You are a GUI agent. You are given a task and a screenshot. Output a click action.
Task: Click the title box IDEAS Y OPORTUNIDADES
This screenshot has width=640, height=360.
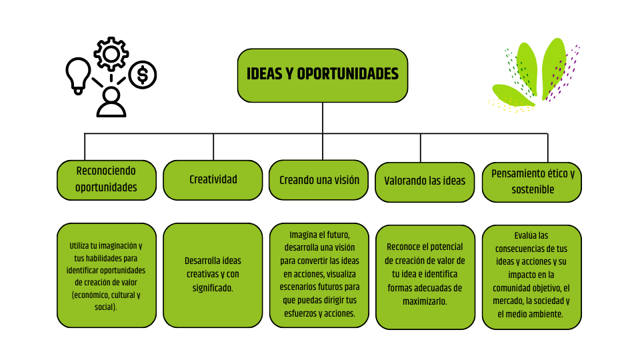tap(323, 75)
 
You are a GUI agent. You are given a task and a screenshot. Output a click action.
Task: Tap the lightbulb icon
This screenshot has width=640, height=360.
tap(78, 74)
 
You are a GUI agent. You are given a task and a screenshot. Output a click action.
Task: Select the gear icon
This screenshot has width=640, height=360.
tap(110, 53)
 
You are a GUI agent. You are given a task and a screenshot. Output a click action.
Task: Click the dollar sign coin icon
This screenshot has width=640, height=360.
tap(142, 75)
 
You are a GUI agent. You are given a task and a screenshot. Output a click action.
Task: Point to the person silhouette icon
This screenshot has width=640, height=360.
tap(110, 102)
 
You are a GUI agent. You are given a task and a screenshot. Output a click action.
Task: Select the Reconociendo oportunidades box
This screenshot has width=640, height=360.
tap(107, 179)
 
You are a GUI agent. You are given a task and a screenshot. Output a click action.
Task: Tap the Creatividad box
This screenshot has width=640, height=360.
tap(213, 179)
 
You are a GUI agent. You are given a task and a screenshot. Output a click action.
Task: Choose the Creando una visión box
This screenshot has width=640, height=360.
tap(319, 179)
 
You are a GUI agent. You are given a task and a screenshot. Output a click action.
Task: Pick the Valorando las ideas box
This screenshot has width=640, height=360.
tap(425, 181)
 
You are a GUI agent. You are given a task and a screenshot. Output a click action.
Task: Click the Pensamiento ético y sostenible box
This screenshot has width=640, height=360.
tap(532, 181)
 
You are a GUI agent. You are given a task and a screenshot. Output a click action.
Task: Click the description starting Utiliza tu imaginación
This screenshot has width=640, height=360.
tap(107, 275)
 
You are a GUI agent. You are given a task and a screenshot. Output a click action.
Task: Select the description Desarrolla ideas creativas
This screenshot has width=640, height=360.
tap(213, 275)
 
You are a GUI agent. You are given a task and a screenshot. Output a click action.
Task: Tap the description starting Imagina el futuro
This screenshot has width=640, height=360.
tap(319, 275)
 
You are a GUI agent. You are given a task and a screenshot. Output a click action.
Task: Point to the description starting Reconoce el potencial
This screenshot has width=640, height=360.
tap(425, 276)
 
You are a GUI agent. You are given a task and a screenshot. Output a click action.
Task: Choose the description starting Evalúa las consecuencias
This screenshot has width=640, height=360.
tap(532, 276)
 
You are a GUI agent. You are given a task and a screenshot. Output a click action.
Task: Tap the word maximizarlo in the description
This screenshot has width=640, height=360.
tap(425, 301)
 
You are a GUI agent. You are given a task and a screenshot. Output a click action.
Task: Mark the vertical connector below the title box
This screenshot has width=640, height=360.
tap(323, 118)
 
